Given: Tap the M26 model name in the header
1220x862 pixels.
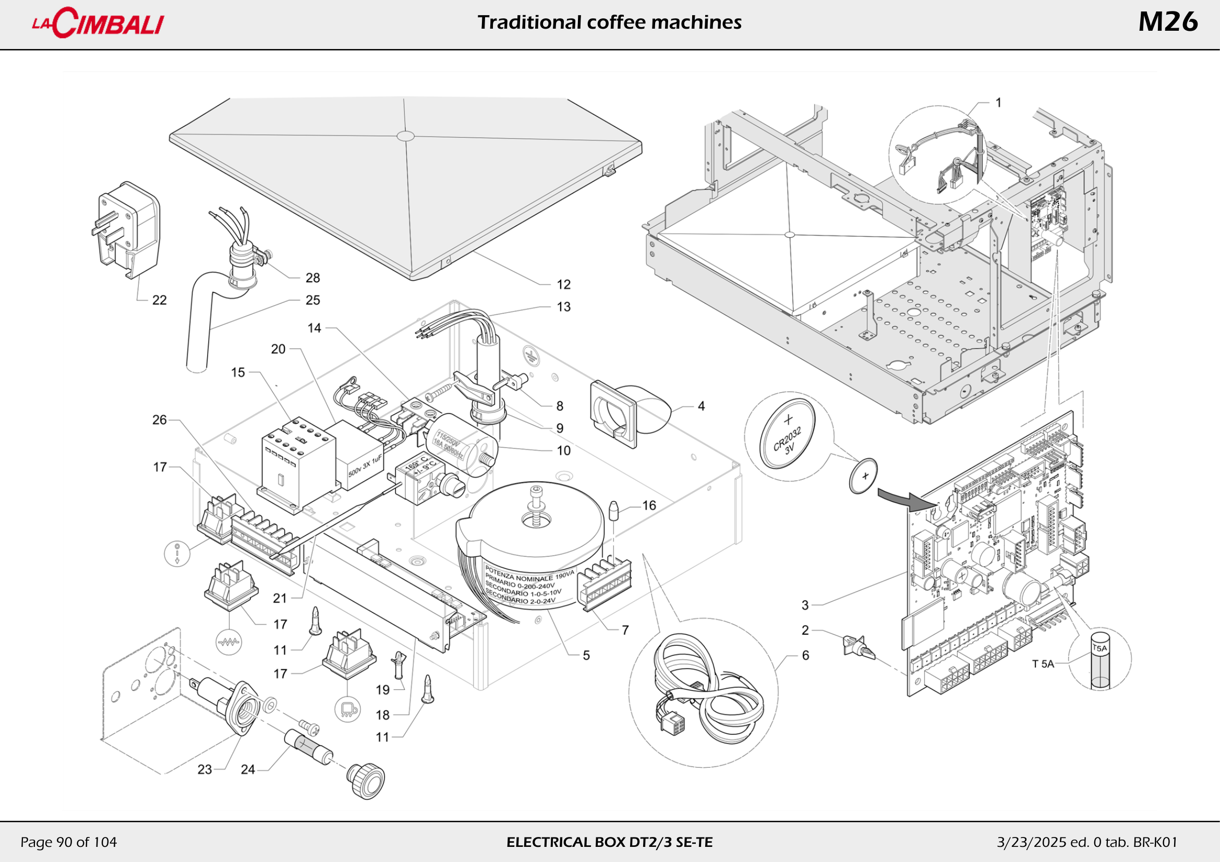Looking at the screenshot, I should pyautogui.click(x=1167, y=22).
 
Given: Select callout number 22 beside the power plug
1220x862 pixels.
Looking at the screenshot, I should pyautogui.click(x=160, y=300).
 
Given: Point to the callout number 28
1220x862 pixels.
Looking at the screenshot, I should pyautogui.click(x=312, y=278).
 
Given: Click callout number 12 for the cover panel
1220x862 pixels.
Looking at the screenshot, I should pyautogui.click(x=563, y=285).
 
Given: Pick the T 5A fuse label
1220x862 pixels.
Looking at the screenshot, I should pyautogui.click(x=1043, y=664).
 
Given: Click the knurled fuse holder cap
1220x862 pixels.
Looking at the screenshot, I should pyautogui.click(x=367, y=780).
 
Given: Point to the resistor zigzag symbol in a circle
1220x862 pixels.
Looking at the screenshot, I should pyautogui.click(x=229, y=642).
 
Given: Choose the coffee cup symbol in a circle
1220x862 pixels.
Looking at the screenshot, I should pyautogui.click(x=347, y=709).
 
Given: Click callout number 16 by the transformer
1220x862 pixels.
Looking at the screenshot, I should pyautogui.click(x=649, y=505).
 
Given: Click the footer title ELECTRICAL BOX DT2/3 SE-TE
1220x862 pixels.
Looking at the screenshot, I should pyautogui.click(x=609, y=842).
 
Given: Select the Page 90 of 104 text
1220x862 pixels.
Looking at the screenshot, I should pyautogui.click(x=68, y=842).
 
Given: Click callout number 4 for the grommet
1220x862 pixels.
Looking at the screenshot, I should pyautogui.click(x=701, y=406).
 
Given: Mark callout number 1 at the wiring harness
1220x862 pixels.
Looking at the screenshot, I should pyautogui.click(x=998, y=103).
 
